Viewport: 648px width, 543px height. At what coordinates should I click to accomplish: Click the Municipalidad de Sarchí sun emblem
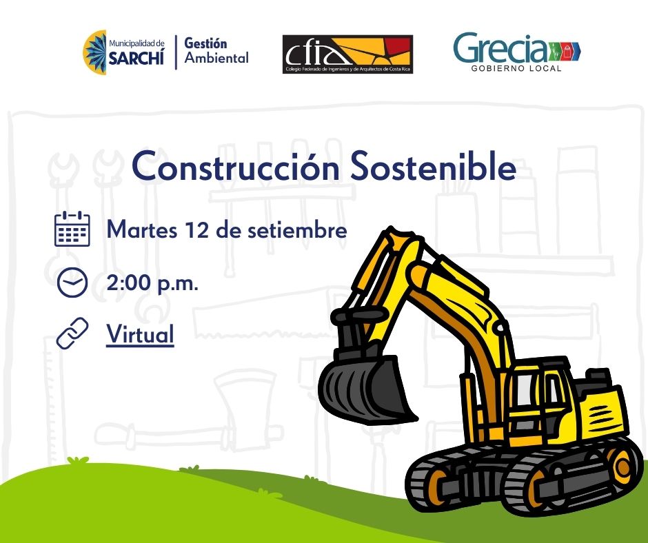95,52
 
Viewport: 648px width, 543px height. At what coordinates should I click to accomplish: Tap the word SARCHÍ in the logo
136,57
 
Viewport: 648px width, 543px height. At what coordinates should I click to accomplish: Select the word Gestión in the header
205,43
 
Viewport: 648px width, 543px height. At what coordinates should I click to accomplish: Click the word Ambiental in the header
216,58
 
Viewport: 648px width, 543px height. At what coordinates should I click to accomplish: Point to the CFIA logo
347,54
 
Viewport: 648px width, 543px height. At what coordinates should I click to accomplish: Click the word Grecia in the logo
500,48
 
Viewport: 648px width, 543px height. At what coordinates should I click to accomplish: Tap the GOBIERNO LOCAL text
516,68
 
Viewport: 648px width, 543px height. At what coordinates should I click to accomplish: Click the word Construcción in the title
236,165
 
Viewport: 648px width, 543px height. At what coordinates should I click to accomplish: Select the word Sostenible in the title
434,165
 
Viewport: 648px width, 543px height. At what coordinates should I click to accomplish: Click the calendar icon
72,229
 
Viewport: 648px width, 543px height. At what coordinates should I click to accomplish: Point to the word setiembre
297,229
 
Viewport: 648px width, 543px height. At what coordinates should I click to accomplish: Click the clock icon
72,283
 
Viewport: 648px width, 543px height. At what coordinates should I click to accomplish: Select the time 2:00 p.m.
152,283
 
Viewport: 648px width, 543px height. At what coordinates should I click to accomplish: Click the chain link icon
72,333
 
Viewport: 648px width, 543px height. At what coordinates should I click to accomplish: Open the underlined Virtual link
140,334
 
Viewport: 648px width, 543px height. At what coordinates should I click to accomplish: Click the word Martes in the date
142,229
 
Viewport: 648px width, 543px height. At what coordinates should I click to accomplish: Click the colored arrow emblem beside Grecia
565,50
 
